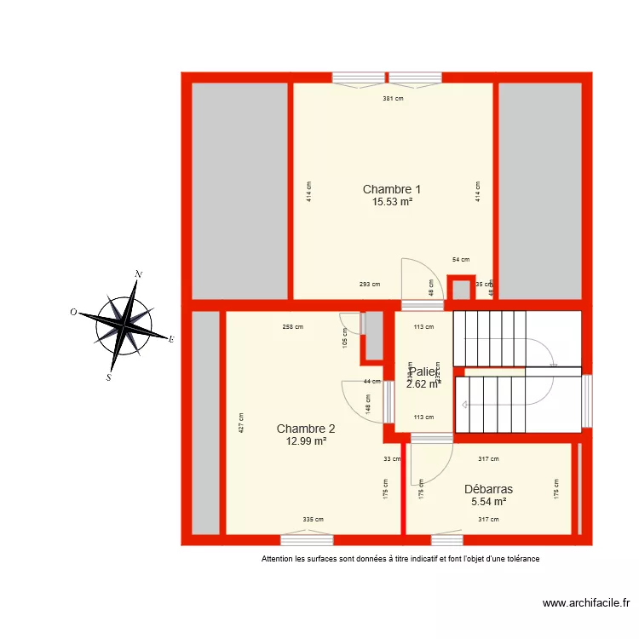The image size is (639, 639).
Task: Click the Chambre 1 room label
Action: pyautogui.click(x=392, y=189)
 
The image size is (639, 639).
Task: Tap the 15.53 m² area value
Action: pyautogui.click(x=392, y=202)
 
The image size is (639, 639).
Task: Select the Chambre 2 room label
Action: pyautogui.click(x=306, y=429)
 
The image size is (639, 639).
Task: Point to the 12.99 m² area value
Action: pyautogui.click(x=306, y=441)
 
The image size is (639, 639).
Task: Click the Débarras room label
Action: pyautogui.click(x=488, y=489)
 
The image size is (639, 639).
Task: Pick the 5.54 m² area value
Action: pyautogui.click(x=488, y=502)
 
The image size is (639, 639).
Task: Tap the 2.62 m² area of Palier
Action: pyautogui.click(x=423, y=384)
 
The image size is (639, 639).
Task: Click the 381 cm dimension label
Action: pyautogui.click(x=393, y=99)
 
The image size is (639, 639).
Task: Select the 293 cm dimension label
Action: pyautogui.click(x=369, y=285)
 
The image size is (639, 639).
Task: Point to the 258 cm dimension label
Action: pyautogui.click(x=293, y=326)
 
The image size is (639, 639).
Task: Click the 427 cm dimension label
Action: pyautogui.click(x=241, y=423)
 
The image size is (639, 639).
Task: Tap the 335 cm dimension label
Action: pyautogui.click(x=313, y=519)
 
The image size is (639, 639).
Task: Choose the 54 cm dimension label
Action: pyautogui.click(x=460, y=259)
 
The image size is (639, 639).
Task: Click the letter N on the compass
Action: pyautogui.click(x=138, y=274)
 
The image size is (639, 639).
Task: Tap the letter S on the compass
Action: pyautogui.click(x=109, y=377)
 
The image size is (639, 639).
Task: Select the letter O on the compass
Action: pyautogui.click(x=74, y=313)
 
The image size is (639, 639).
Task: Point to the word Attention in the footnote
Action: pyautogui.click(x=279, y=560)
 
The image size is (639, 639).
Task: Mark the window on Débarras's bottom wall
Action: pyautogui.click(x=446, y=539)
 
